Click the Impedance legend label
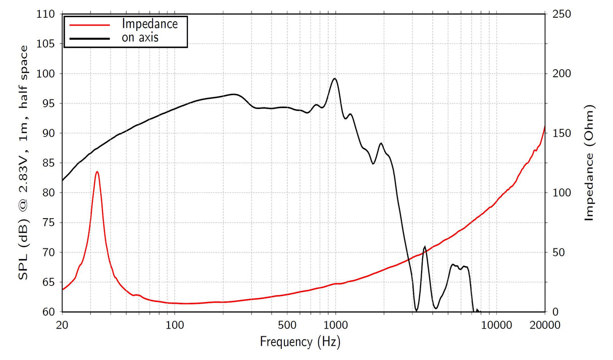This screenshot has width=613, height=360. (150, 24)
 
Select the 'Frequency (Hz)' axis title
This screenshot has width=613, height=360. (300, 342)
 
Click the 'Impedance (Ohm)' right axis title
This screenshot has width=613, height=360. (589, 163)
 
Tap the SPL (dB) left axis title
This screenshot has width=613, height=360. (24, 163)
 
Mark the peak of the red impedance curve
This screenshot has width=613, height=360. (97, 172)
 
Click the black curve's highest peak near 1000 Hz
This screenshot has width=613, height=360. (334, 79)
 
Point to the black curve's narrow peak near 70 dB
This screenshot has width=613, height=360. (425, 246)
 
